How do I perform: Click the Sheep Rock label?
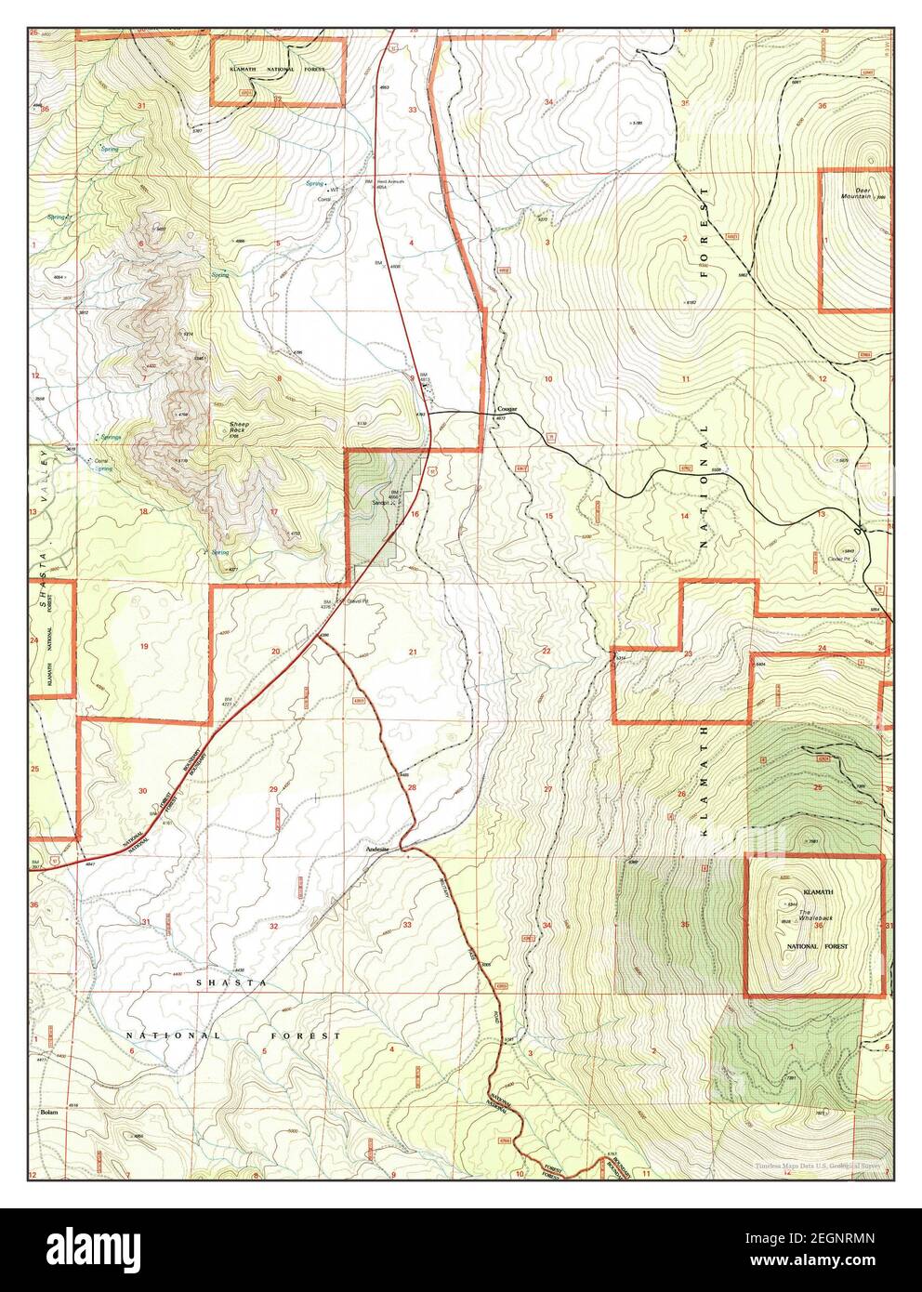coord(240,428)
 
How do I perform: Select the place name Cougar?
coord(507,409)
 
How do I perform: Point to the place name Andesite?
coord(376,850)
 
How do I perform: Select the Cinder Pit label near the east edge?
coord(840,559)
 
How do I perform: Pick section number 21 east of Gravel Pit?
coord(412,653)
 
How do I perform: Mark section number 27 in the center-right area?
coord(548,788)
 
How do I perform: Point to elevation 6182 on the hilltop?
coord(689,302)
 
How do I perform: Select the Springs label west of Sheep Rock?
coord(111,437)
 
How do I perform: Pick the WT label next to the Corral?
coord(333,191)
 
